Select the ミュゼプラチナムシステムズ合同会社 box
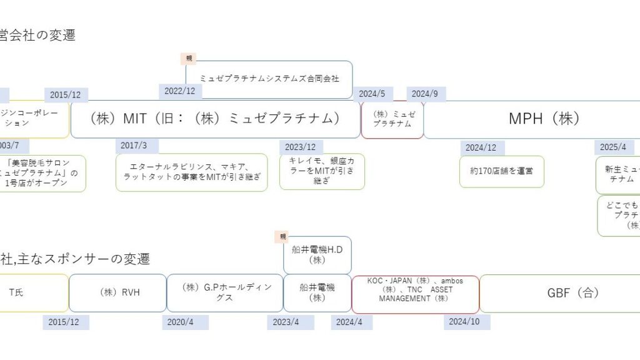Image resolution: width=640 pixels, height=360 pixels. (x=269, y=79)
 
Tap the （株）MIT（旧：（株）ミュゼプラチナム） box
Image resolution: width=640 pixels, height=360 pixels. (x=215, y=119)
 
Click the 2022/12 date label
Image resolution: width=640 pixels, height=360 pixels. (x=180, y=91)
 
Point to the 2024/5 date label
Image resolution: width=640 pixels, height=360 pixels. (x=372, y=94)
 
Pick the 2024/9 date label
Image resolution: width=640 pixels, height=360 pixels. (x=425, y=94)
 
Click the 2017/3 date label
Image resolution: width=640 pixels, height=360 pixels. (x=134, y=146)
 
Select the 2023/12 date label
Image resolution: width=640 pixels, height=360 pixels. (x=300, y=147)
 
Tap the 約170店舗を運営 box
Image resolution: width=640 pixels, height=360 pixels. (x=502, y=171)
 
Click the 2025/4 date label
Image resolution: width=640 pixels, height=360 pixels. (x=613, y=147)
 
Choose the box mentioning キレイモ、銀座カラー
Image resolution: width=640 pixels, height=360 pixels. (x=322, y=171)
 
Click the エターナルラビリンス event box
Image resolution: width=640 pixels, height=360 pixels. (x=191, y=172)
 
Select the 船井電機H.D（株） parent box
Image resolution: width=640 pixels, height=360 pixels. (x=317, y=254)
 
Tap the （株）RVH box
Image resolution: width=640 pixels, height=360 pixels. (x=117, y=292)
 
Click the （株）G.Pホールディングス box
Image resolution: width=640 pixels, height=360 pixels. (x=224, y=292)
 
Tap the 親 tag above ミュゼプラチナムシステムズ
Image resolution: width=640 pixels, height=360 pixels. (x=189, y=58)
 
